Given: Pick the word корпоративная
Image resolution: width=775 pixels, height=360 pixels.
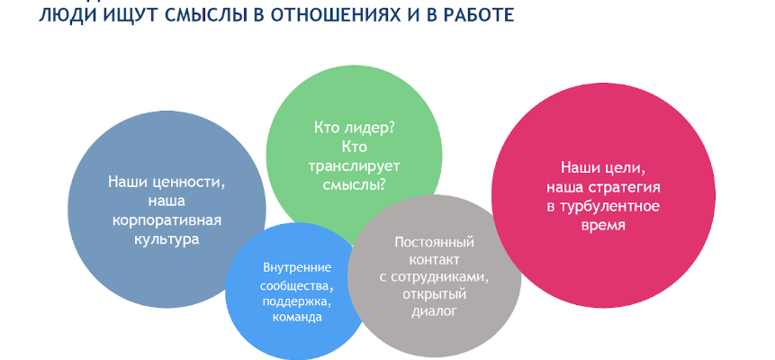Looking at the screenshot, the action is pos(167,220).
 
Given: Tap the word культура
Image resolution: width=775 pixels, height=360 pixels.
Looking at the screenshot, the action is pos(167,239).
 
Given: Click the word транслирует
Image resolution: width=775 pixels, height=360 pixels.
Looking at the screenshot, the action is pos(354,166).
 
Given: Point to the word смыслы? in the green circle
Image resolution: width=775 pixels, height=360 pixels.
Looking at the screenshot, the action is pos(354,185).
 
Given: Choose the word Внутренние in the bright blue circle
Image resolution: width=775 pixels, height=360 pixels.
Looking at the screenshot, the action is pos(297,268).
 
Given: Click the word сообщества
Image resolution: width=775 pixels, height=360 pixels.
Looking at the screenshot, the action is pos(296,285).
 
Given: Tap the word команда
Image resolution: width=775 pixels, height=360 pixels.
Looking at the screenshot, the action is pos(297,318).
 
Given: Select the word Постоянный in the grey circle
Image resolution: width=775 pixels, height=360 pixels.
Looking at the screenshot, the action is pos(435,242).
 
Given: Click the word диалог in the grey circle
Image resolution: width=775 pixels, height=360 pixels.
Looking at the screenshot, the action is pos(435,312).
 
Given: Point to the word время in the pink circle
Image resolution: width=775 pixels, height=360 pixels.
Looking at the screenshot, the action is pos(603,226).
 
